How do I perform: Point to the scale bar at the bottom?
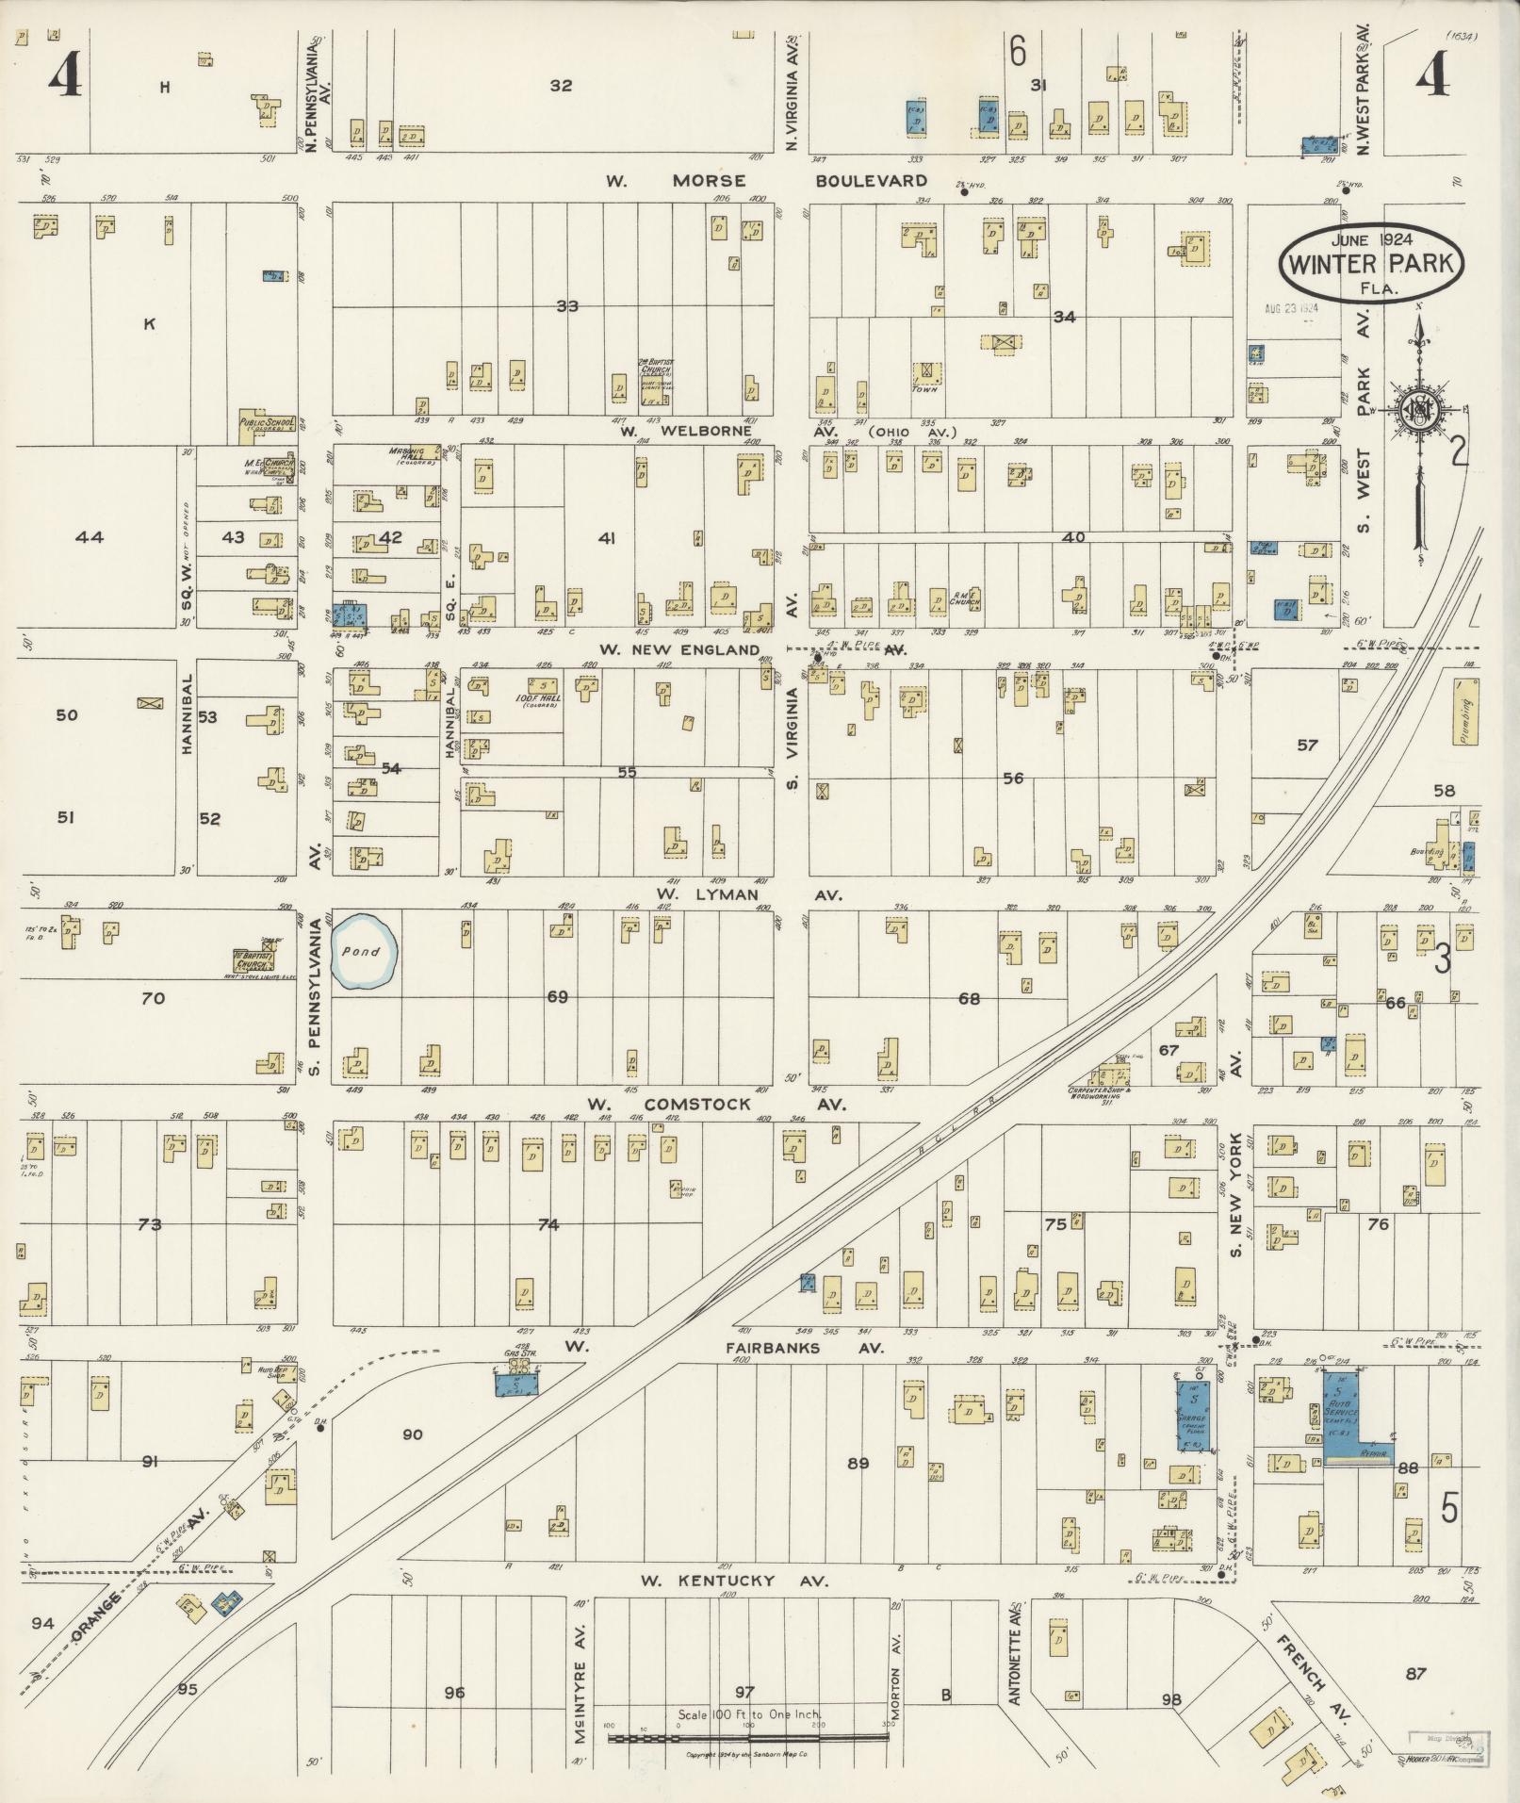pyautogui.click(x=749, y=1739)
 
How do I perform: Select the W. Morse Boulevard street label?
pyautogui.click(x=767, y=180)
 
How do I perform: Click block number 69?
pyautogui.click(x=558, y=996)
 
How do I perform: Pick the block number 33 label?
pyautogui.click(x=566, y=306)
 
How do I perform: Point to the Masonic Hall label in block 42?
pyautogui.click(x=408, y=454)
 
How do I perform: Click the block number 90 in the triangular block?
pyautogui.click(x=412, y=1434)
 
